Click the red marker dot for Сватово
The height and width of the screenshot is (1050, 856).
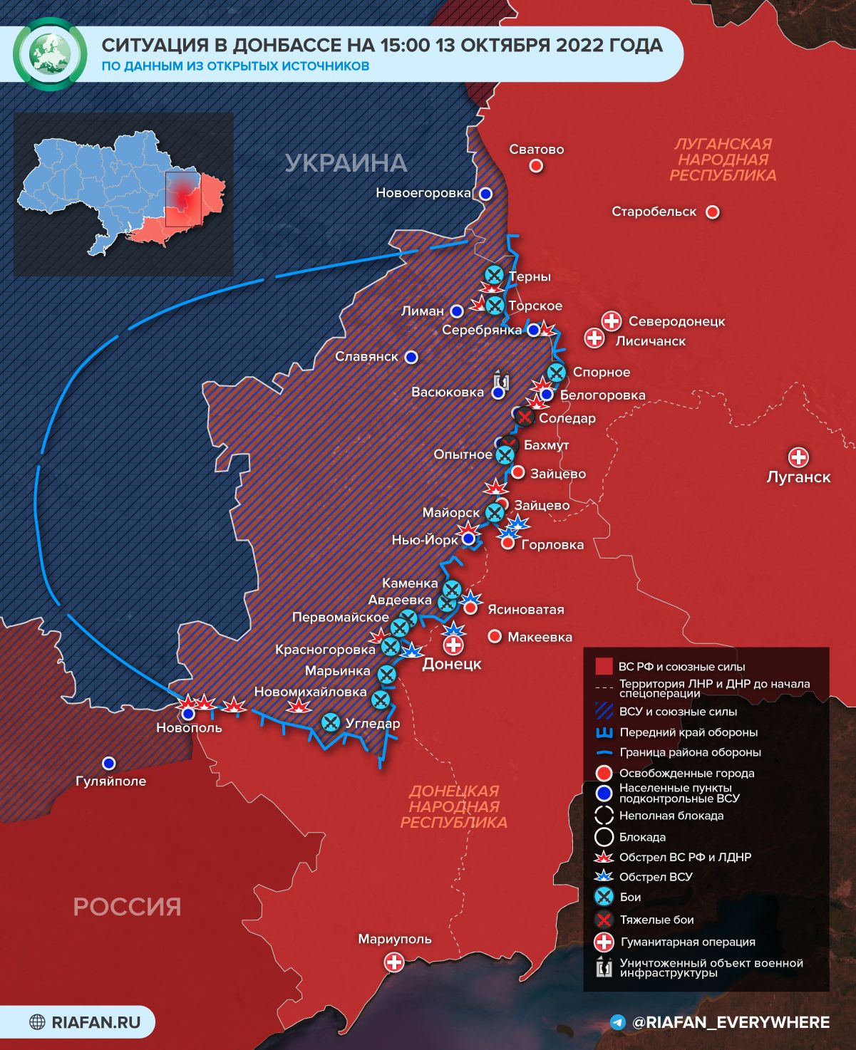pos(536,166)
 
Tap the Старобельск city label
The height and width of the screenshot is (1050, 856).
pos(654,212)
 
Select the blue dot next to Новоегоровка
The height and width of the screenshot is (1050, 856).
pos(485,193)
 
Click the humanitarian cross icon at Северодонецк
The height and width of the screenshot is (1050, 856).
pos(611,321)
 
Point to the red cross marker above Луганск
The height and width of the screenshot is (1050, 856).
pos(798,457)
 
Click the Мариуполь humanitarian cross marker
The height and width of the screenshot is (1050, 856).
pos(393,962)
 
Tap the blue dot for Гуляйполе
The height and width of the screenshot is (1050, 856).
pos(108,763)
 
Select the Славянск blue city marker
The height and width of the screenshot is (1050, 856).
pos(411,357)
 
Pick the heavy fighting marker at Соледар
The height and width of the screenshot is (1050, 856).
pos(525,417)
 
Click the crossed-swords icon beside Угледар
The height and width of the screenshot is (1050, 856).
pos(330,722)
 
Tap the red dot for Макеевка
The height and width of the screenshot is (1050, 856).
pos(494,636)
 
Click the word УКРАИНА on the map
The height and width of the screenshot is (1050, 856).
pos(346,163)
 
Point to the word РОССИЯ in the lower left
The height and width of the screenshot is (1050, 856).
pos(127,907)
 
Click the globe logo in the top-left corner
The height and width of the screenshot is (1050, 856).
pos(50,55)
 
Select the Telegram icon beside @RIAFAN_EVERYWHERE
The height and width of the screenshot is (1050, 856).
pos(618,1022)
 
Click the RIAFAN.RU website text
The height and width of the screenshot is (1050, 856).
pos(96,1022)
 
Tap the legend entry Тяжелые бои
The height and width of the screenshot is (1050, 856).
pos(656,920)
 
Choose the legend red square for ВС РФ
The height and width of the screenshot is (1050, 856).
pos(604,667)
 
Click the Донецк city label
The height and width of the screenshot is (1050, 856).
pos(452,665)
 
